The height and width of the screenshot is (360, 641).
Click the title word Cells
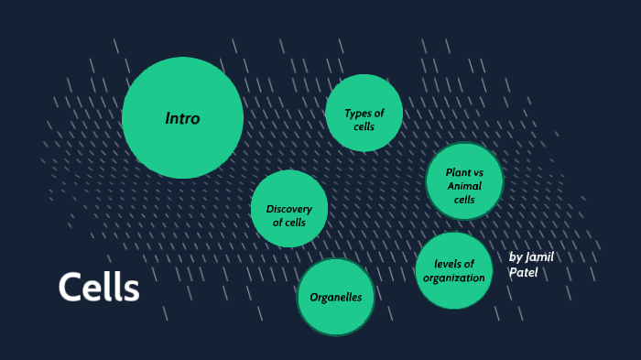(99, 288)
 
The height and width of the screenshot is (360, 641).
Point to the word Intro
(182, 118)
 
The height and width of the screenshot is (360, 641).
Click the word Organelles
(336, 297)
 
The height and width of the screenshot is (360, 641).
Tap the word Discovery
(289, 209)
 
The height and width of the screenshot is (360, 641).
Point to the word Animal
(464, 186)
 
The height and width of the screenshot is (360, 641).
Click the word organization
(454, 278)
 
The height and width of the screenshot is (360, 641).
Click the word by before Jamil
(515, 256)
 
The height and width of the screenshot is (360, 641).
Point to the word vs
(479, 172)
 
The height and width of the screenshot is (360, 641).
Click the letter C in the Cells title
(68, 288)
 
